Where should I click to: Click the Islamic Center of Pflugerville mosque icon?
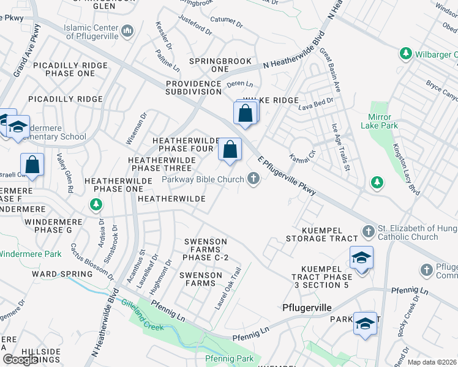128,31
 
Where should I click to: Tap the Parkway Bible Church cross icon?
253,179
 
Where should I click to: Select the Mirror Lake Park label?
383,121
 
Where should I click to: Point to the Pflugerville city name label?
306,307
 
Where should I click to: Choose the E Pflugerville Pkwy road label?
287,175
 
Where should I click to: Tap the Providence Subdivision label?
193,87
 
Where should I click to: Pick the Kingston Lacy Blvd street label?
406,169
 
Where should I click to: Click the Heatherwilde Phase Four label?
186,144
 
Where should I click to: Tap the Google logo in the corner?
20,360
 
